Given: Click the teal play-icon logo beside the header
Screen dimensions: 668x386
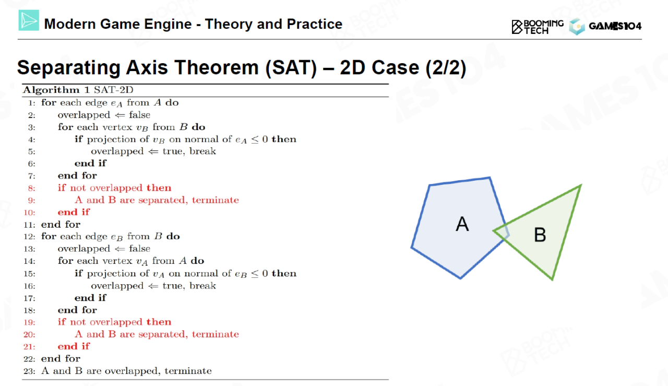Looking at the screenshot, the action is pyautogui.click(x=29, y=20).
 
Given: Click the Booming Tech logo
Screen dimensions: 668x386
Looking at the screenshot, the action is pyautogui.click(x=538, y=27).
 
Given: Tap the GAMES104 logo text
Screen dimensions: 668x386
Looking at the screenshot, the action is pyautogui.click(x=615, y=26).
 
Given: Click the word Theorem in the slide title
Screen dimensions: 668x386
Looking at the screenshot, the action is pyautogui.click(x=216, y=67).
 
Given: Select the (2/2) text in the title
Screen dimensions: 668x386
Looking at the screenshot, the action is pyautogui.click(x=446, y=68).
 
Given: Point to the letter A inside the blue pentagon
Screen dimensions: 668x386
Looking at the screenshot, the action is pyautogui.click(x=462, y=224).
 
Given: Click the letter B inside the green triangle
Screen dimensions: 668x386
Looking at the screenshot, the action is pyautogui.click(x=540, y=235).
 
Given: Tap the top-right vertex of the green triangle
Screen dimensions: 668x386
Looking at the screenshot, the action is pyautogui.click(x=581, y=185).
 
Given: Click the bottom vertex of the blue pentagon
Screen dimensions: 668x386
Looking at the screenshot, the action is pyautogui.click(x=460, y=278).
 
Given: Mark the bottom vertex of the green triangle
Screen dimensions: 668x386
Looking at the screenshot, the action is pyautogui.click(x=552, y=279).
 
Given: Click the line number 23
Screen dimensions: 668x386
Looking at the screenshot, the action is pyautogui.click(x=29, y=371).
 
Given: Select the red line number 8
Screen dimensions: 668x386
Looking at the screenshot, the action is pyautogui.click(x=31, y=188).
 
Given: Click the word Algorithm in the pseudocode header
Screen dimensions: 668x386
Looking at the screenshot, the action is pyautogui.click(x=52, y=89).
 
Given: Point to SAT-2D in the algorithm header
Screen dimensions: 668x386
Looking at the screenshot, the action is pyautogui.click(x=114, y=89).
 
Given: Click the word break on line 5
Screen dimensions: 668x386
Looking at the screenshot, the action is pyautogui.click(x=202, y=151).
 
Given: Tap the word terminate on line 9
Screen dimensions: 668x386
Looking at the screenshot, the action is pyautogui.click(x=216, y=200).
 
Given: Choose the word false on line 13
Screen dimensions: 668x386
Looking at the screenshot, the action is pyautogui.click(x=139, y=249).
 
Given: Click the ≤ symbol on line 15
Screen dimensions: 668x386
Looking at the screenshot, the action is pyautogui.click(x=255, y=274).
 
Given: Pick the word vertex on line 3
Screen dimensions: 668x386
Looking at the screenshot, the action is pyautogui.click(x=117, y=127).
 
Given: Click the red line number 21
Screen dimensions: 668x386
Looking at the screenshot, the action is pyautogui.click(x=29, y=347).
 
